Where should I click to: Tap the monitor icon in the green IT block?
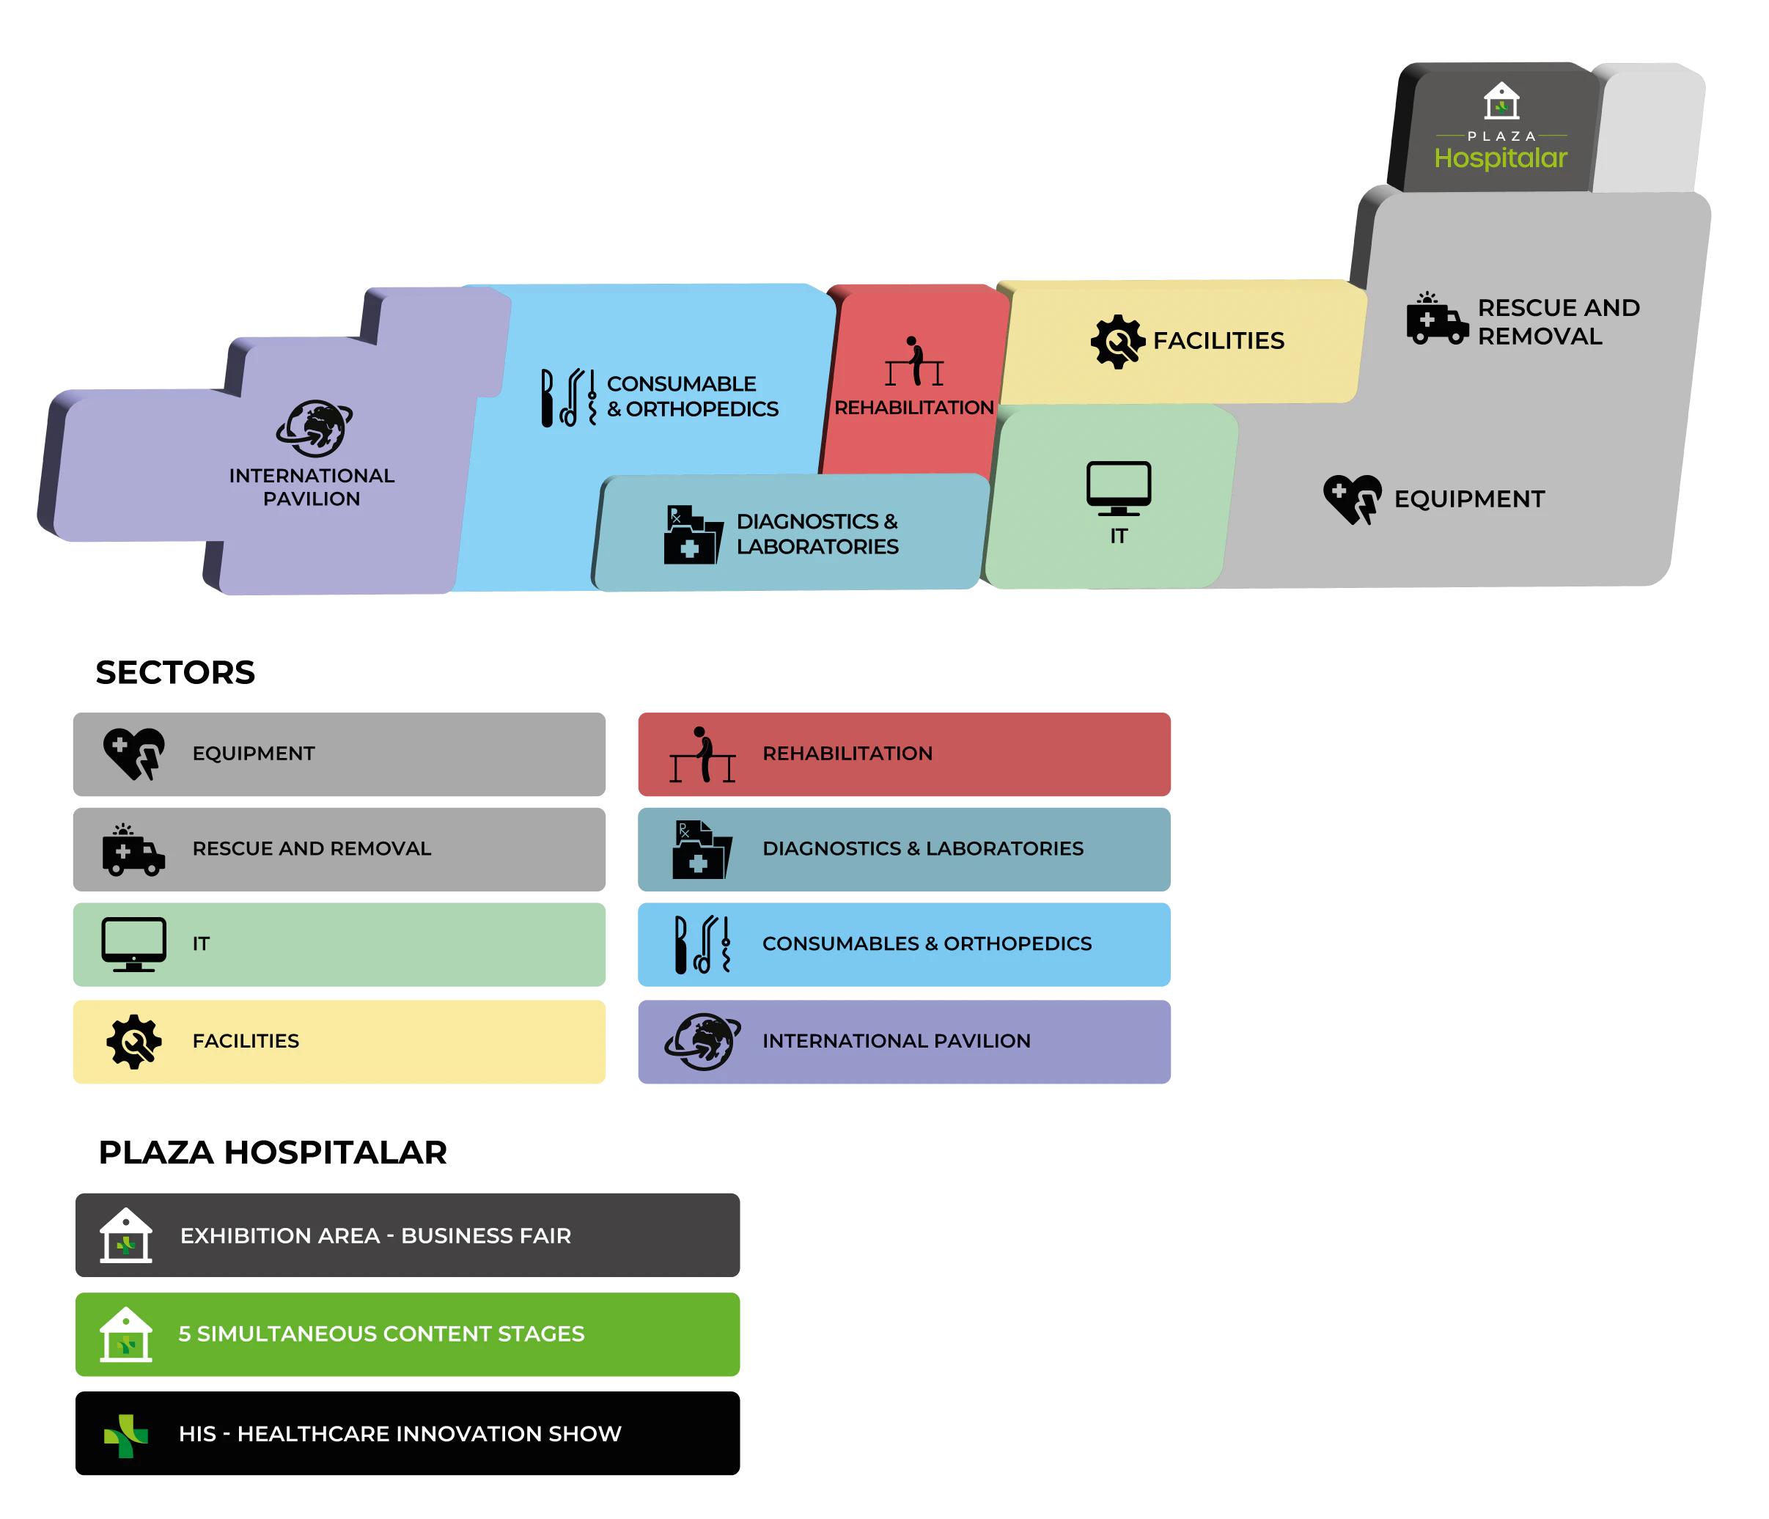pos(1119,488)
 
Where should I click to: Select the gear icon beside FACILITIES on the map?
pos(1117,342)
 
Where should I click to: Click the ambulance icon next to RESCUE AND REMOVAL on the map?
pos(1437,320)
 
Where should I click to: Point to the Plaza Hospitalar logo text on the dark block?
pos(1501,158)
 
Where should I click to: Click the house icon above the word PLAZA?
pos(1501,100)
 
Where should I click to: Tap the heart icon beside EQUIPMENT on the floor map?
pos(1353,499)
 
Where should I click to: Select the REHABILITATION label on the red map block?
pos(913,408)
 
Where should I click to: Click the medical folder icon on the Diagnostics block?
pos(692,535)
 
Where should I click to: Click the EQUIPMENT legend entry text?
pos(254,753)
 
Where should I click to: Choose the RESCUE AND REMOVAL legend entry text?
pos(312,849)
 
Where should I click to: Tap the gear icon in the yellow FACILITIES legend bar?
pos(134,1041)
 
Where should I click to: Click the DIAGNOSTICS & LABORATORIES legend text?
pos(922,849)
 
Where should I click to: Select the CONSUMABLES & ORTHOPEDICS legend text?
pos(927,944)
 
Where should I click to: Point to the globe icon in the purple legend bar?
pos(702,1042)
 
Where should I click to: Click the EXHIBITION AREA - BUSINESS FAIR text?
pos(375,1235)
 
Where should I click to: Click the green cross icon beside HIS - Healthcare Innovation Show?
pos(126,1435)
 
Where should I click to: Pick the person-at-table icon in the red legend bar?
pos(702,755)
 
